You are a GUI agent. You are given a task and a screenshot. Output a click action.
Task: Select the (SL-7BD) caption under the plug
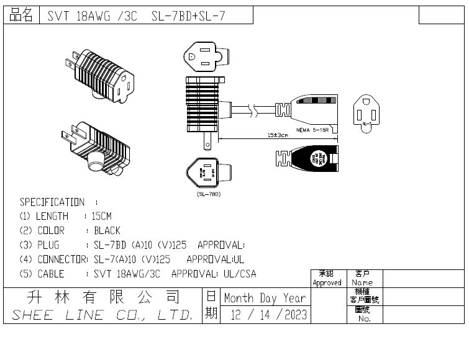click(x=204, y=194)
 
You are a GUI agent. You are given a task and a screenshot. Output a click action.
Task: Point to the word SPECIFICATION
click(x=52, y=202)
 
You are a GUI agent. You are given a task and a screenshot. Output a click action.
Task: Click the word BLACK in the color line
click(x=107, y=230)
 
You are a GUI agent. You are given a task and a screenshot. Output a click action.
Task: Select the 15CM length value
click(x=102, y=216)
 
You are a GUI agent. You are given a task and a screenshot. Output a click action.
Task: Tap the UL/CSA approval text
click(x=239, y=274)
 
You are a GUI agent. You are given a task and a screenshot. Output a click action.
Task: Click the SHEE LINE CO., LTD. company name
click(x=102, y=315)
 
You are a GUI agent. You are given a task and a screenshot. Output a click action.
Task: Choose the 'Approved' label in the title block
click(x=327, y=282)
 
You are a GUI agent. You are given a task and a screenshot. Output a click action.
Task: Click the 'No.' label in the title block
click(x=364, y=318)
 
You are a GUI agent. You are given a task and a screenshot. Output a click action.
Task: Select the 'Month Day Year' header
click(x=265, y=297)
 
